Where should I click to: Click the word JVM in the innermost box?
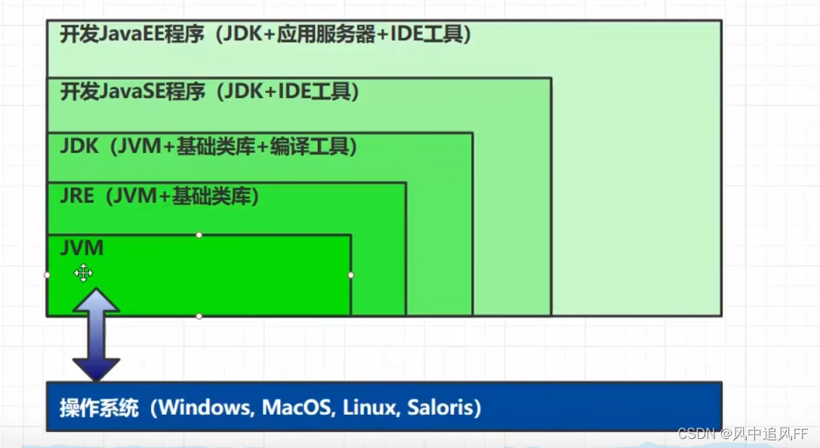(x=82, y=247)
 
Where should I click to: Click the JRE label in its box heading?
(x=77, y=197)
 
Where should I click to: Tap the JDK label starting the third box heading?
(x=79, y=146)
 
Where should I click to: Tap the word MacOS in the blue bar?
(x=297, y=408)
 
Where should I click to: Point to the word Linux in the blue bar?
(x=369, y=408)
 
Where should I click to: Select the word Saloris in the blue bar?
(x=439, y=408)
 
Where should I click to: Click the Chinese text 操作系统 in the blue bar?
(x=99, y=408)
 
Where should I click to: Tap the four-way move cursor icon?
(x=83, y=273)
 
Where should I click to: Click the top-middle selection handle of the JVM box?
(x=199, y=235)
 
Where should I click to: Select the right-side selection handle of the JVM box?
(x=351, y=275)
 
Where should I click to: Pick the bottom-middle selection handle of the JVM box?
(x=199, y=316)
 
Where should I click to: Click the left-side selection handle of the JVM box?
(x=48, y=275)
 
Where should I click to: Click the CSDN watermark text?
(x=695, y=434)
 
